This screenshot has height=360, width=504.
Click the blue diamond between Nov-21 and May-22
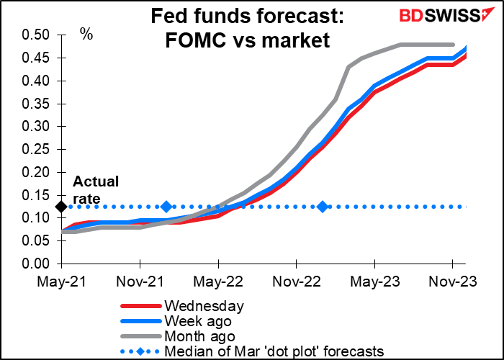coord(166,207)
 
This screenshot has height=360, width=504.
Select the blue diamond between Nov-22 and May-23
coord(323,207)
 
